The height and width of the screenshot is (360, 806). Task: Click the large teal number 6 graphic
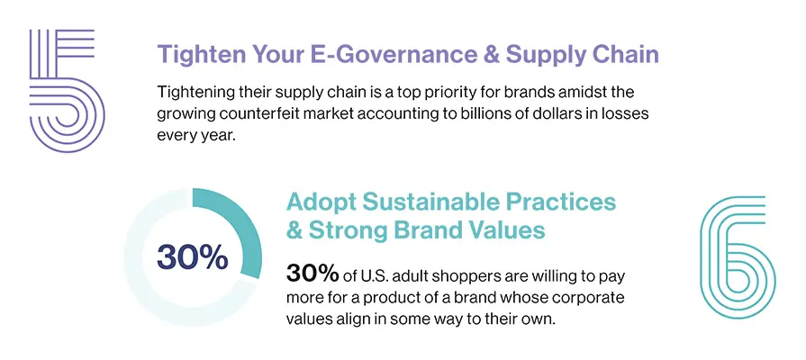tap(736, 256)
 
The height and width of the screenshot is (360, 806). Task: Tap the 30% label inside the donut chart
tap(192, 257)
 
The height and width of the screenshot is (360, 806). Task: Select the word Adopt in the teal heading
tap(319, 201)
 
